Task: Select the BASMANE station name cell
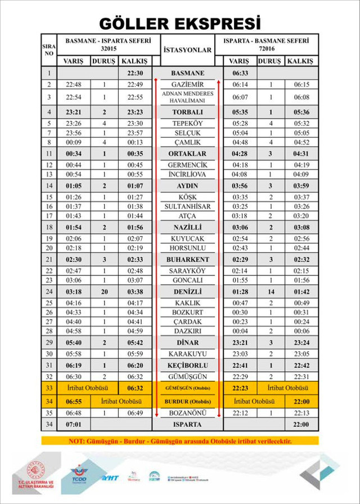click(x=187, y=73)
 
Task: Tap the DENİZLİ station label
click(x=187, y=292)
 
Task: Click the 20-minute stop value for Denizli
click(x=104, y=292)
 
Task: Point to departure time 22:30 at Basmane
click(x=136, y=73)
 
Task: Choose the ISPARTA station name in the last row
click(x=187, y=424)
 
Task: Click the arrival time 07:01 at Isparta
click(x=74, y=424)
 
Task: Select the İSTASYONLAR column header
click(x=187, y=49)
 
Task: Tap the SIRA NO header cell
click(x=49, y=49)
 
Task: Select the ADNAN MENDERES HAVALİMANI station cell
click(x=187, y=97)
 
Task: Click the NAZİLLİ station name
click(x=187, y=228)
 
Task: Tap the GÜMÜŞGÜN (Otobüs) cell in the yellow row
click(x=187, y=388)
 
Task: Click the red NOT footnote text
click(x=179, y=440)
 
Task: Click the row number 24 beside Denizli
click(x=49, y=292)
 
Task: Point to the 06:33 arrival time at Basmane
click(x=240, y=73)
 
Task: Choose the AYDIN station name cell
click(x=187, y=186)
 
